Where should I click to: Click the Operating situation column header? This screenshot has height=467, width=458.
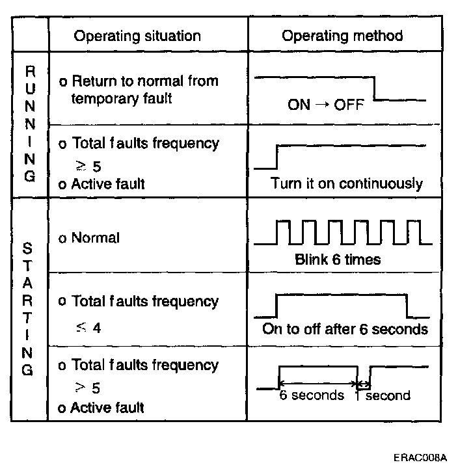coord(137,35)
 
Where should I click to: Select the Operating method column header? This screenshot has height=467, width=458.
coord(342,35)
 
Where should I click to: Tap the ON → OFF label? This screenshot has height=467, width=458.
coord(325,105)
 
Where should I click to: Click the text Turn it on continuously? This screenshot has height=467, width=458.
coord(347,183)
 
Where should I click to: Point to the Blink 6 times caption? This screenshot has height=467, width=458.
coord(338,259)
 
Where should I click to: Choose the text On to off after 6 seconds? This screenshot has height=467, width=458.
coord(345,328)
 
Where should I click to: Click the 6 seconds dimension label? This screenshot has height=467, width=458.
coord(312,395)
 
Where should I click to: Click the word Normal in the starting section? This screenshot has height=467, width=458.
coord(95,238)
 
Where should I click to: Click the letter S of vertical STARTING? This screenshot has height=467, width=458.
coord(27,248)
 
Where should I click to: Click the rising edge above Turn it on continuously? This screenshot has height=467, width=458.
coord(276,156)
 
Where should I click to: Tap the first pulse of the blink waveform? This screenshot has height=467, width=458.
coord(283,232)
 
